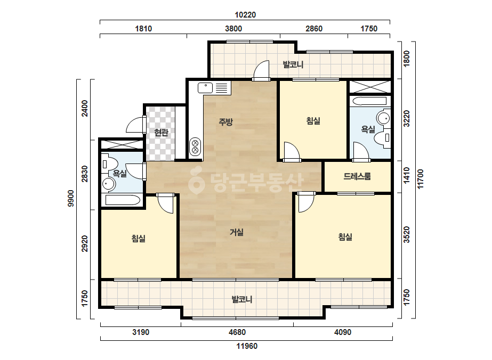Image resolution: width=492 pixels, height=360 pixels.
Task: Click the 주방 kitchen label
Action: pyautogui.click(x=225, y=121)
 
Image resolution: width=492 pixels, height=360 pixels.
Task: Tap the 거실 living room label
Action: pyautogui.click(x=237, y=232)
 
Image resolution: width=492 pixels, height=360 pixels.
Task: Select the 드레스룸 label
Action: pyautogui.click(x=357, y=176)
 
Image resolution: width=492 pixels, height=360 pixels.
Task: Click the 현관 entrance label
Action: pyautogui.click(x=162, y=133)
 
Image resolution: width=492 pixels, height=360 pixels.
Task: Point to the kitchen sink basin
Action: pyautogui.click(x=205, y=88)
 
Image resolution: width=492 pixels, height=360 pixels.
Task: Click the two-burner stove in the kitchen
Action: pyautogui.click(x=195, y=147)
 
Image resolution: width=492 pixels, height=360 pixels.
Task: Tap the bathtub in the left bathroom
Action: pyautogui.click(x=123, y=200)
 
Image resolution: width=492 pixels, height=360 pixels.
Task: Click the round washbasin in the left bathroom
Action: pyautogui.click(x=109, y=184)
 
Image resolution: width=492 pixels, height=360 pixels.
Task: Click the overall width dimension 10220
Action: pyautogui.click(x=245, y=15)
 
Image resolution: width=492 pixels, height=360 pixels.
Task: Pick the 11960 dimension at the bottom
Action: pyautogui.click(x=247, y=346)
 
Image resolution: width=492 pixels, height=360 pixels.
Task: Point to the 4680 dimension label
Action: pyautogui.click(x=237, y=332)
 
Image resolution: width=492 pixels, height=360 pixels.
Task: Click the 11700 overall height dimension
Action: pyautogui.click(x=421, y=179)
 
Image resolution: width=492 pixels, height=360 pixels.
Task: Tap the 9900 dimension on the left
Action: pyautogui.click(x=71, y=198)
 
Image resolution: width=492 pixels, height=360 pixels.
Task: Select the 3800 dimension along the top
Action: pyautogui.click(x=233, y=29)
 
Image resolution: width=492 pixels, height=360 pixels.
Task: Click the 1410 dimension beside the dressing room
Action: pyautogui.click(x=407, y=176)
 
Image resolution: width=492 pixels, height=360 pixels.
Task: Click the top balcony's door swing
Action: pyautogui.click(x=261, y=70)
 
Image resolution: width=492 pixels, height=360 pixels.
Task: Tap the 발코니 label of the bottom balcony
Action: pyautogui.click(x=242, y=299)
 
